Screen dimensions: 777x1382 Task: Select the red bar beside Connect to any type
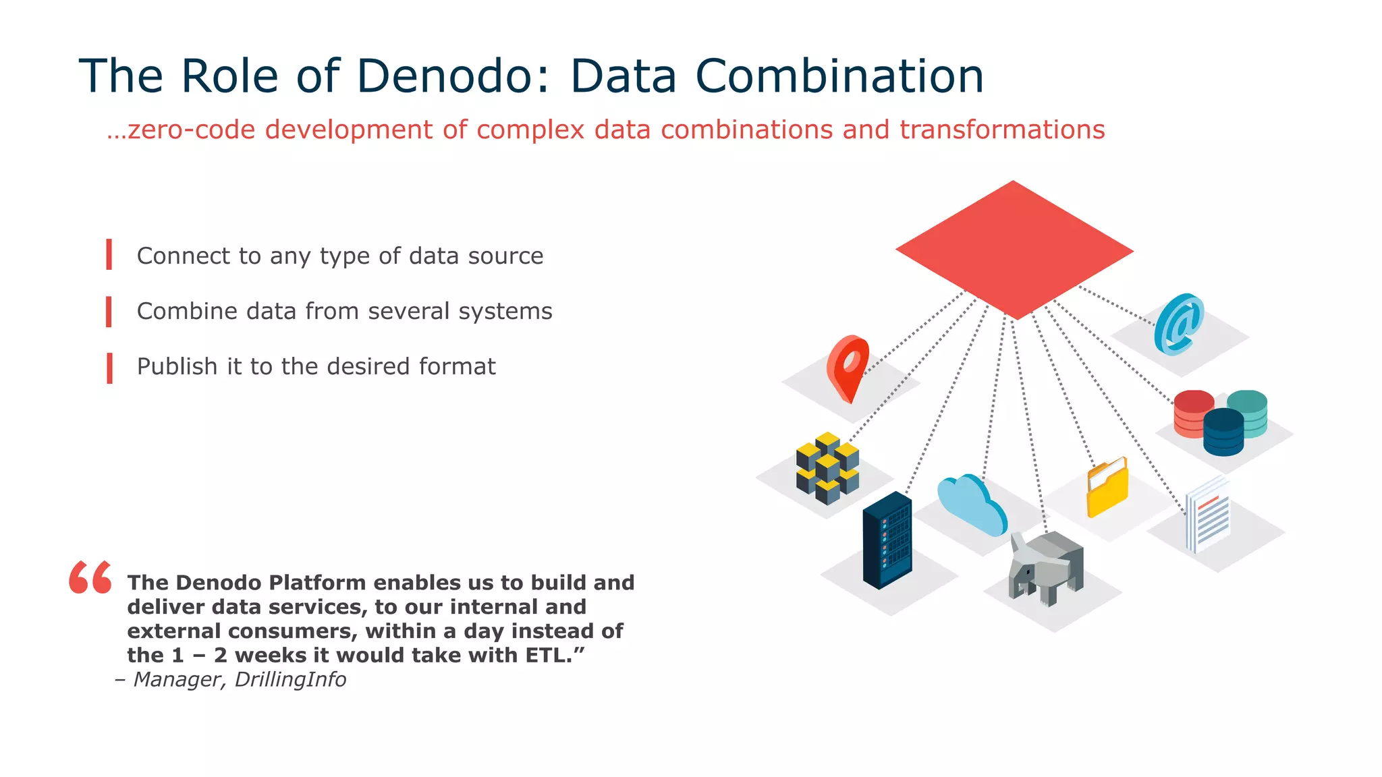(109, 254)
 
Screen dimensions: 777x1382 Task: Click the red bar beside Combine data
(109, 312)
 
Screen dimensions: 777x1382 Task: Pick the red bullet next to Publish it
(109, 368)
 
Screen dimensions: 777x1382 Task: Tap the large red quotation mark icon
(90, 577)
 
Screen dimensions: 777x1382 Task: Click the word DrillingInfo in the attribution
(290, 679)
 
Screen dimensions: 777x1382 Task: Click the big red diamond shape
(1014, 250)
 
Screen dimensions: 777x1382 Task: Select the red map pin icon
(848, 368)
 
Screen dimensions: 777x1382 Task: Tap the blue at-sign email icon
(1179, 324)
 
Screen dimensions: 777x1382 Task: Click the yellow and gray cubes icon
(827, 468)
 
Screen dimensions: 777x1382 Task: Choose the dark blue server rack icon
(887, 541)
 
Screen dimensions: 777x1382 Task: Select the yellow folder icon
(1107, 488)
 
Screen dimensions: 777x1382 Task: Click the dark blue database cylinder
(1223, 432)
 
